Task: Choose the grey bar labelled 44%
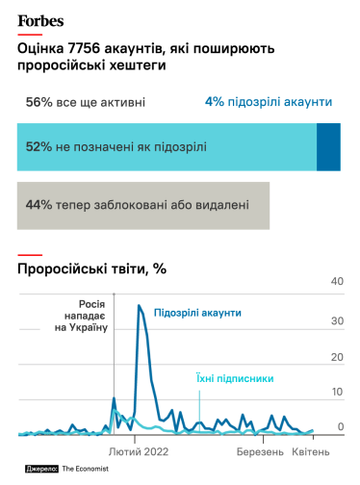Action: tap(143, 205)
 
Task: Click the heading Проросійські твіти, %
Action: tap(92, 269)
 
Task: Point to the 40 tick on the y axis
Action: tap(337, 281)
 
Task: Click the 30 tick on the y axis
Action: tap(337, 319)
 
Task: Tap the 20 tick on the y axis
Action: tap(337, 356)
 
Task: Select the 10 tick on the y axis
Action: tap(337, 392)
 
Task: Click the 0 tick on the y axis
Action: tap(339, 426)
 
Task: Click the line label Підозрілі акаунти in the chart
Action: tap(197, 313)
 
